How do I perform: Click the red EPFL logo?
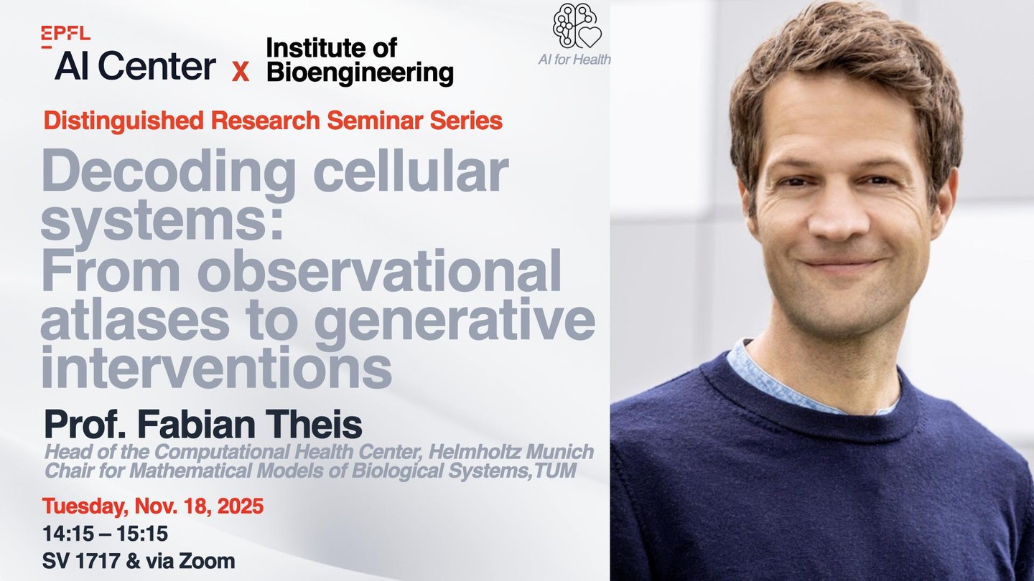(65, 37)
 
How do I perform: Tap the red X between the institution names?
(240, 72)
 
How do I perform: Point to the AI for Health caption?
(574, 60)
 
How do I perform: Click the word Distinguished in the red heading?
(124, 121)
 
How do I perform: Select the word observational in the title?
(379, 270)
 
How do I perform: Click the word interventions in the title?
(217, 367)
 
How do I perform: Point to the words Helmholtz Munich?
(511, 452)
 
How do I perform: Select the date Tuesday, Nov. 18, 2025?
(153, 506)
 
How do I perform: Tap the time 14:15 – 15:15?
(106, 534)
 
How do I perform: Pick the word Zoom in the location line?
(207, 561)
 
